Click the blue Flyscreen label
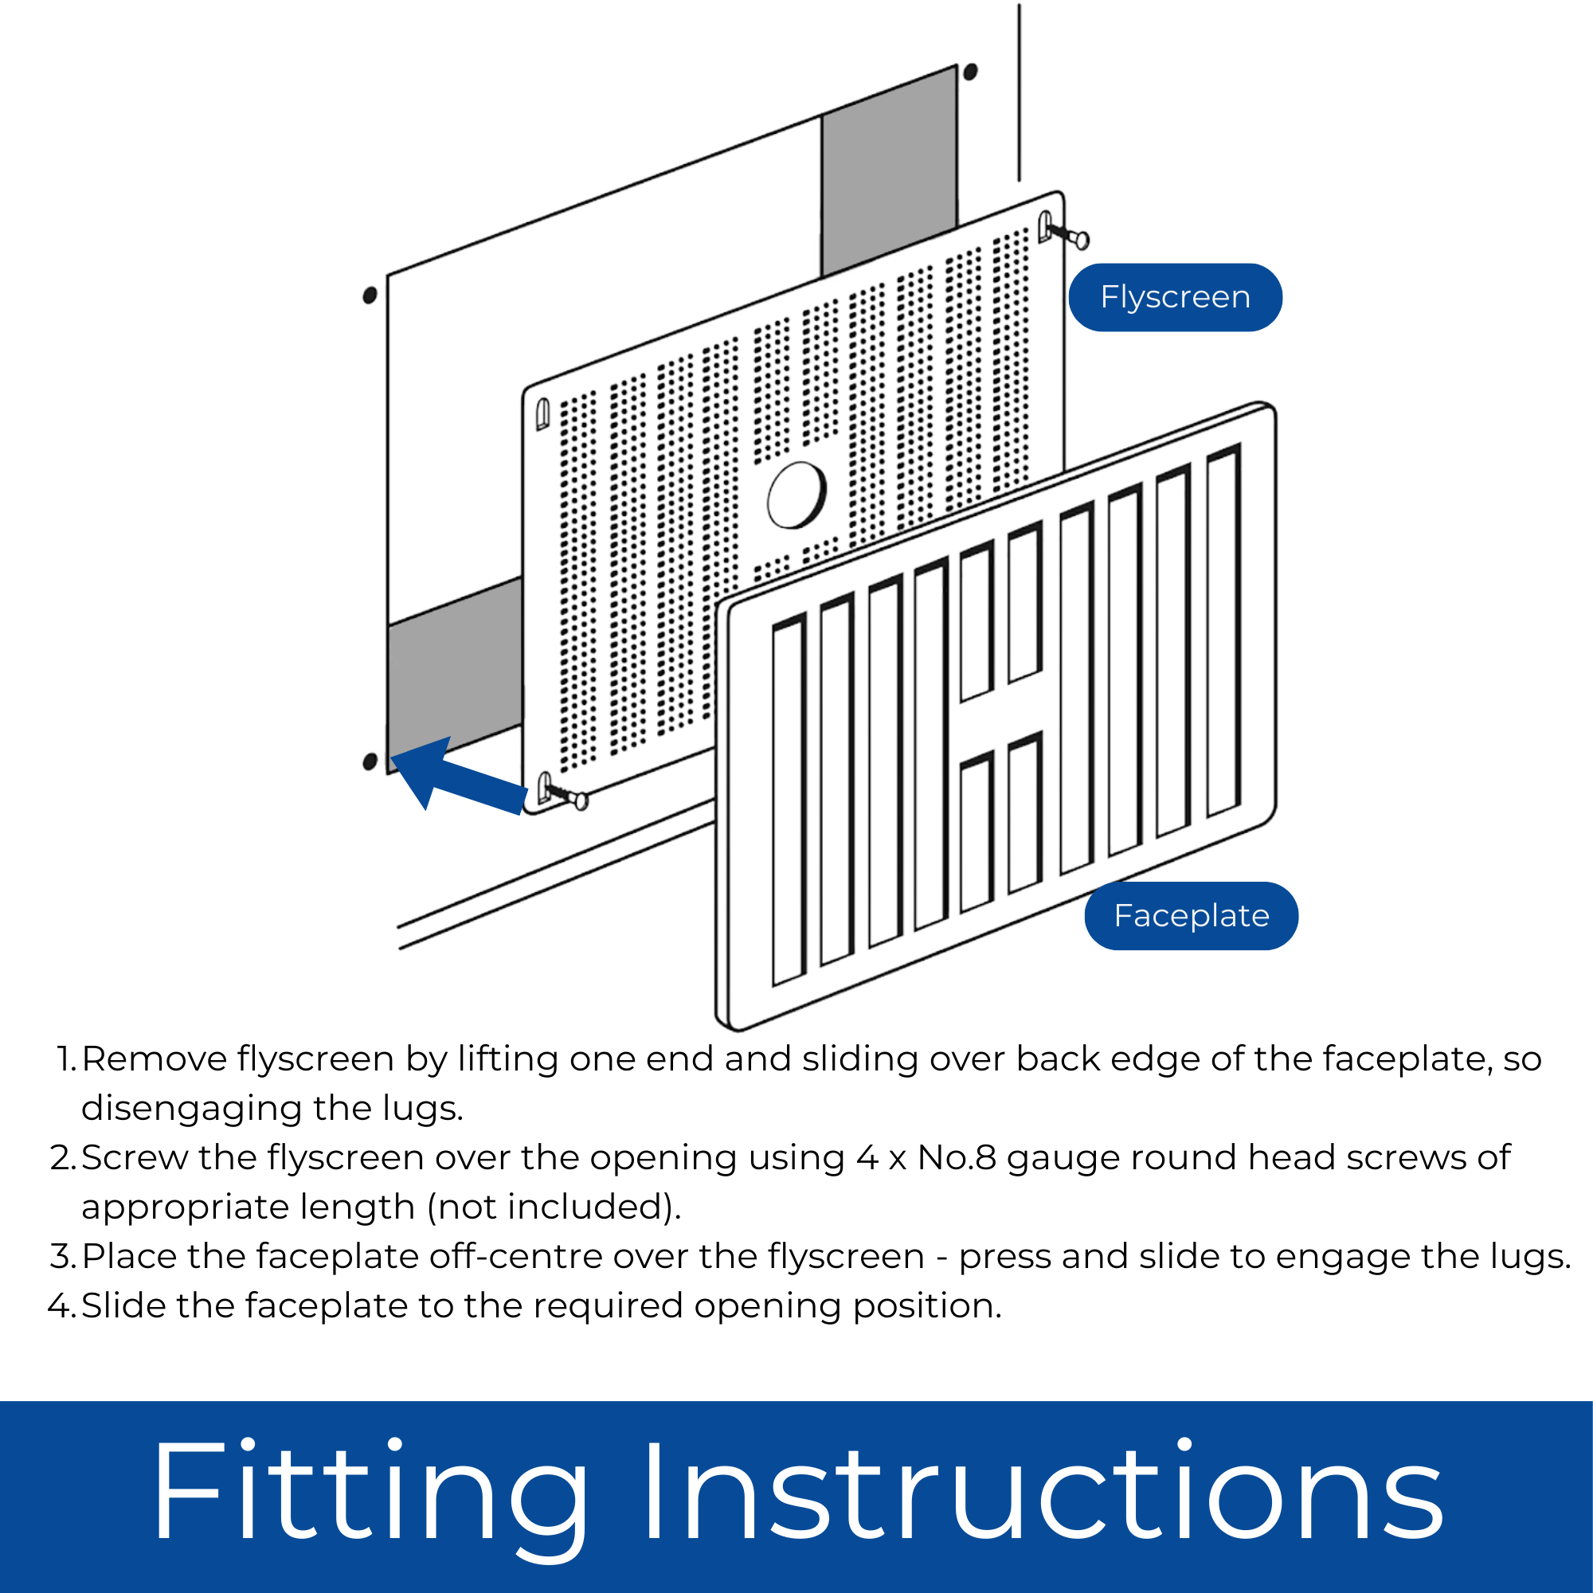[1175, 298]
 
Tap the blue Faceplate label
[1191, 916]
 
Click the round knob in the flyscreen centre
[796, 494]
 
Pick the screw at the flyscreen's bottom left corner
[569, 796]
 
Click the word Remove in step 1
[155, 1059]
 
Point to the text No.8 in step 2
[957, 1157]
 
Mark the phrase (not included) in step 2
[554, 1207]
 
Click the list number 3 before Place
[63, 1257]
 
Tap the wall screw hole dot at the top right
[970, 72]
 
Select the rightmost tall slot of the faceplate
[1223, 631]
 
